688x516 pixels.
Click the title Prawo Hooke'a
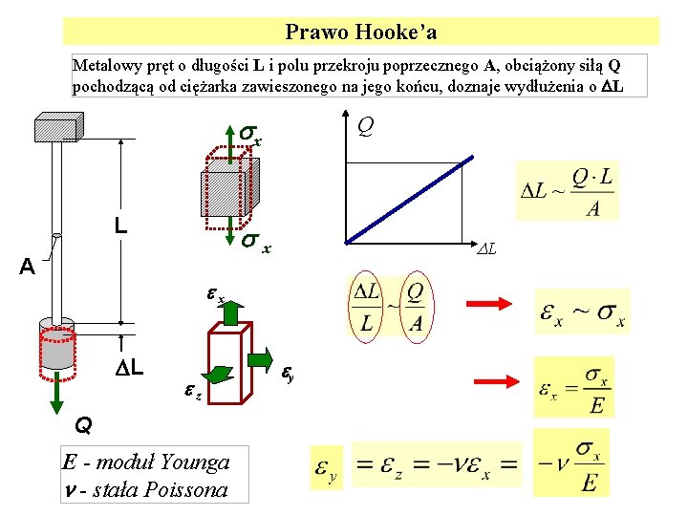point(361,32)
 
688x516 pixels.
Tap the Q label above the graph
point(365,124)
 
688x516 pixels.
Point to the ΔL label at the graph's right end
point(488,249)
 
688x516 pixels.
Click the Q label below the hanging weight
point(84,422)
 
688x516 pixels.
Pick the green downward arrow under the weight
point(56,388)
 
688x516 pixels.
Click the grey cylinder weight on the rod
point(57,343)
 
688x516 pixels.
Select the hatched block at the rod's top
point(57,126)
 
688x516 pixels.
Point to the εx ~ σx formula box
point(582,312)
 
